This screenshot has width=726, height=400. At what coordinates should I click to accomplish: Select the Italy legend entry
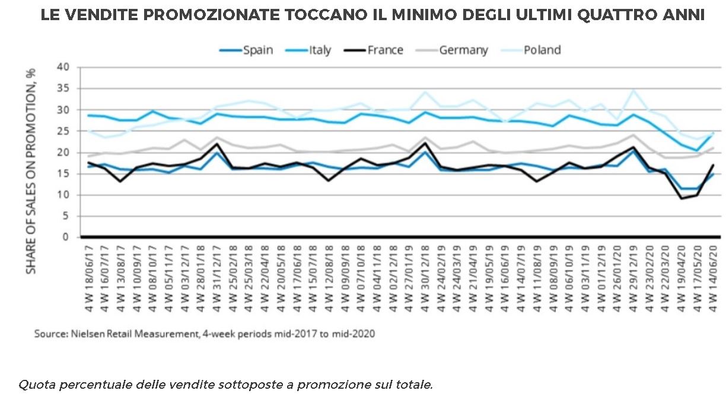320,50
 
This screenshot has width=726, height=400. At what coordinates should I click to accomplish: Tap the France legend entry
385,50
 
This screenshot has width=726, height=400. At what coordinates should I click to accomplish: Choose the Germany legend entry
463,50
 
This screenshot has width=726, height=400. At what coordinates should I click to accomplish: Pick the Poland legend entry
542,50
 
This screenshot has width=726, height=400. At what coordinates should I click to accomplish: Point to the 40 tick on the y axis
65,67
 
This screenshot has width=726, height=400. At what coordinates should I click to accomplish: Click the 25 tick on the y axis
65,131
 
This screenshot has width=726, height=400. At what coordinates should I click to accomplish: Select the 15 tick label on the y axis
65,174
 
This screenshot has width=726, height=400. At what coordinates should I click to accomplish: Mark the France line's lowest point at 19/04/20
680,198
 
